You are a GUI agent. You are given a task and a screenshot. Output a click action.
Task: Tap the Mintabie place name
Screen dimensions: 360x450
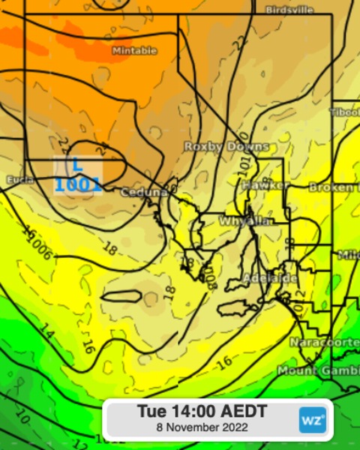(x=134, y=50)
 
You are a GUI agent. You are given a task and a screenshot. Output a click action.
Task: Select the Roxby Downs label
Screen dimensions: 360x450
(x=226, y=146)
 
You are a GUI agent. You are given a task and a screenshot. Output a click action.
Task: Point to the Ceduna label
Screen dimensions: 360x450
(x=143, y=192)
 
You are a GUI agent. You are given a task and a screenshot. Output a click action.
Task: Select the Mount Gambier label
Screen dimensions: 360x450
(x=318, y=370)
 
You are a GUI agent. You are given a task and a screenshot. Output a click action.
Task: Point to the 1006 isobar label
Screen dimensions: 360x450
(x=38, y=247)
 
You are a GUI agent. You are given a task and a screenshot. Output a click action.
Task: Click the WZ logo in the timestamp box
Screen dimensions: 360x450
(x=313, y=419)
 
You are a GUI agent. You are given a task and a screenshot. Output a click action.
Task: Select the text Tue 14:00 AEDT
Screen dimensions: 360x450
(x=202, y=411)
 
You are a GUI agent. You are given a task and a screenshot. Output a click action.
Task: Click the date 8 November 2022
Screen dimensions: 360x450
(x=202, y=427)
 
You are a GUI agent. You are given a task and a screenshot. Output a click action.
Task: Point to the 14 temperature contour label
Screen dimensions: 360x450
(x=47, y=331)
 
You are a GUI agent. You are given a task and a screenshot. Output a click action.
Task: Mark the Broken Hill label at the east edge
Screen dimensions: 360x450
(x=334, y=187)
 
